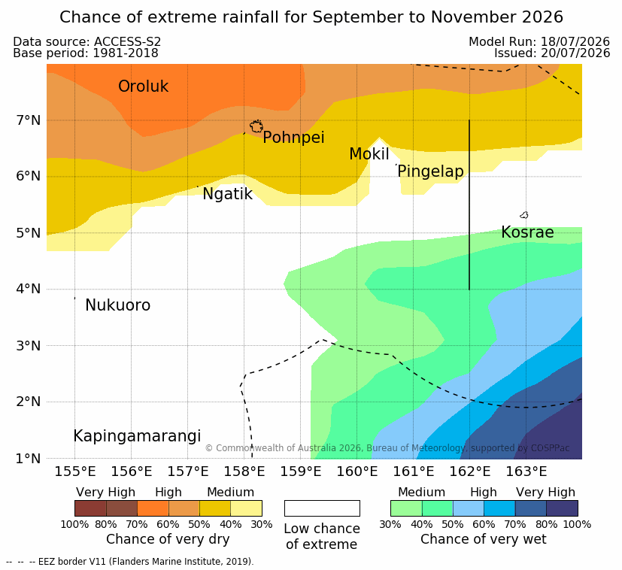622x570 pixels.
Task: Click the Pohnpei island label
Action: pos(293,138)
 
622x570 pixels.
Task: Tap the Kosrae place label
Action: pos(527,232)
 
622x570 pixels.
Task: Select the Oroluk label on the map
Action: pos(143,86)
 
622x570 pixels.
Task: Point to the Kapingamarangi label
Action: pos(137,436)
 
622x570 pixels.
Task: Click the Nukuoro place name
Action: pos(118,305)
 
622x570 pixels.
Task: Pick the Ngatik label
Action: pos(227,194)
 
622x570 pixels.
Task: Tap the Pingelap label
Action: pos(430,171)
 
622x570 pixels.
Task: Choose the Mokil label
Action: pos(369,154)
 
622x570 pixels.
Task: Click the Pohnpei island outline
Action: pos(256,126)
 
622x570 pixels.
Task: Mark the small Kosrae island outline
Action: pos(524,215)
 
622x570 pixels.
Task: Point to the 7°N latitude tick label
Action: pos(29,120)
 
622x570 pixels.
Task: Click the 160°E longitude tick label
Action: pos(357,471)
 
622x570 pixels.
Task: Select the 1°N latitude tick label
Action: pos(29,459)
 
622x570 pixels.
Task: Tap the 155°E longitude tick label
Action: pos(75,471)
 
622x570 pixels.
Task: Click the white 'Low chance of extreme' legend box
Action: pos(322,508)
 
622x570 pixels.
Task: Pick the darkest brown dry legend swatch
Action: pos(90,508)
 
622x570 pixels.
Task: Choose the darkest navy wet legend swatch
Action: pos(562,508)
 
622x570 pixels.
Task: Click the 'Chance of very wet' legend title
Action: pos(483,539)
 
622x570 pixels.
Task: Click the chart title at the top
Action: pos(311,17)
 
